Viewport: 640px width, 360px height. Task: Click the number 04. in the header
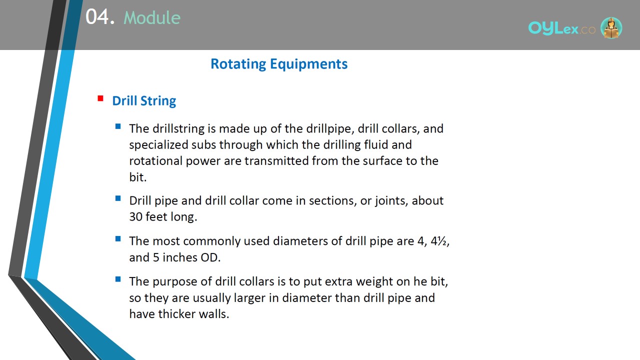click(x=100, y=17)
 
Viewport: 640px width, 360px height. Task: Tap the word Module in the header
click(x=152, y=17)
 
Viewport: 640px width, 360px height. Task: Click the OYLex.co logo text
click(x=561, y=28)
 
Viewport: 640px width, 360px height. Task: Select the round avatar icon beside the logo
click(x=611, y=27)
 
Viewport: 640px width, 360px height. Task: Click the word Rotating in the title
click(x=238, y=64)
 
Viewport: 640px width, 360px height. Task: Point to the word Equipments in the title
click(x=309, y=64)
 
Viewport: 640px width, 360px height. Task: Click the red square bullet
click(x=100, y=98)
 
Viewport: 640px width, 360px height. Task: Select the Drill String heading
click(x=144, y=101)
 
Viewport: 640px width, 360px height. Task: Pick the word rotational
click(x=155, y=161)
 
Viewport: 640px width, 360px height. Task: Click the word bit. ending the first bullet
click(x=137, y=177)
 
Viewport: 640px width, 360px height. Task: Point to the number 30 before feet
click(x=135, y=217)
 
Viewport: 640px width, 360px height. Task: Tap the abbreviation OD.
click(x=210, y=257)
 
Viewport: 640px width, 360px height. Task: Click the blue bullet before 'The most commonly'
click(x=118, y=238)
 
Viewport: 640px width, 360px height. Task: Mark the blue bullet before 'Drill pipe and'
click(x=118, y=198)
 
